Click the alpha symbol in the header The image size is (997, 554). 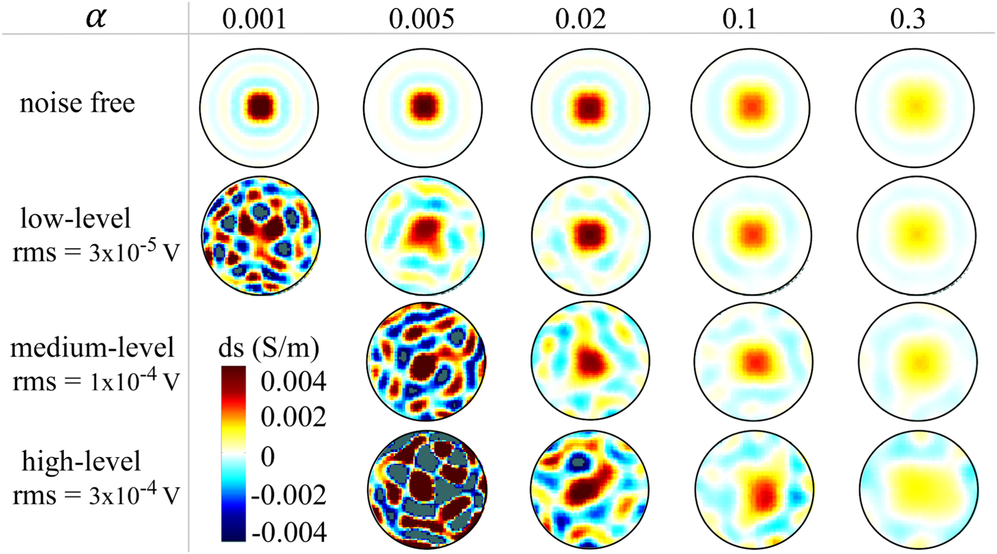(96, 17)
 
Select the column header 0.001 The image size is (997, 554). (254, 19)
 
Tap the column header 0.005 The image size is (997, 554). (421, 19)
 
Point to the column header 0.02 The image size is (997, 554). (580, 19)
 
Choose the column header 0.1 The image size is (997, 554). (740, 19)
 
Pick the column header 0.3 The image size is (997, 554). (908, 19)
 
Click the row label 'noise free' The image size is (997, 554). (77, 103)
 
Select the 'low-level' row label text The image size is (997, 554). (75, 219)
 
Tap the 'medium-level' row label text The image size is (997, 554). (92, 347)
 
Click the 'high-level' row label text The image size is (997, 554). (81, 461)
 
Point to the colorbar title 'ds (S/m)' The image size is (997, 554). (268, 347)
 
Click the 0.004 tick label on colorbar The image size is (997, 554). (293, 381)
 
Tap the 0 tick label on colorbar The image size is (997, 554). (267, 457)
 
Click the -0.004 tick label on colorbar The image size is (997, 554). (289, 532)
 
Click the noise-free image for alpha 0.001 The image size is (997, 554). (259, 108)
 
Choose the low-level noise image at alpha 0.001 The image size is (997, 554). (260, 236)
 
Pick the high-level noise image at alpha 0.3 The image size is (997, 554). (919, 490)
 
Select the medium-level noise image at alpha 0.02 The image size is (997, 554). (590, 361)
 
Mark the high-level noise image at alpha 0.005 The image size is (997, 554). (427, 490)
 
